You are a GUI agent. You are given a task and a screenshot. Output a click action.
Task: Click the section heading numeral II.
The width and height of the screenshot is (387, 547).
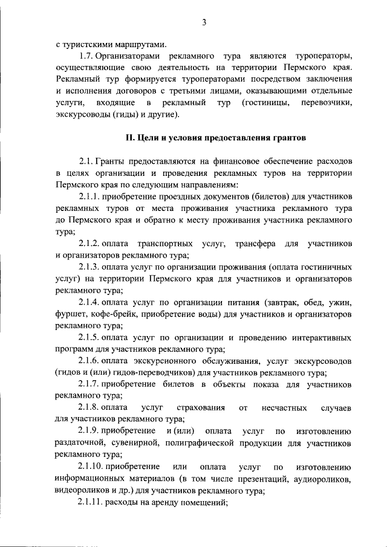129,138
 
